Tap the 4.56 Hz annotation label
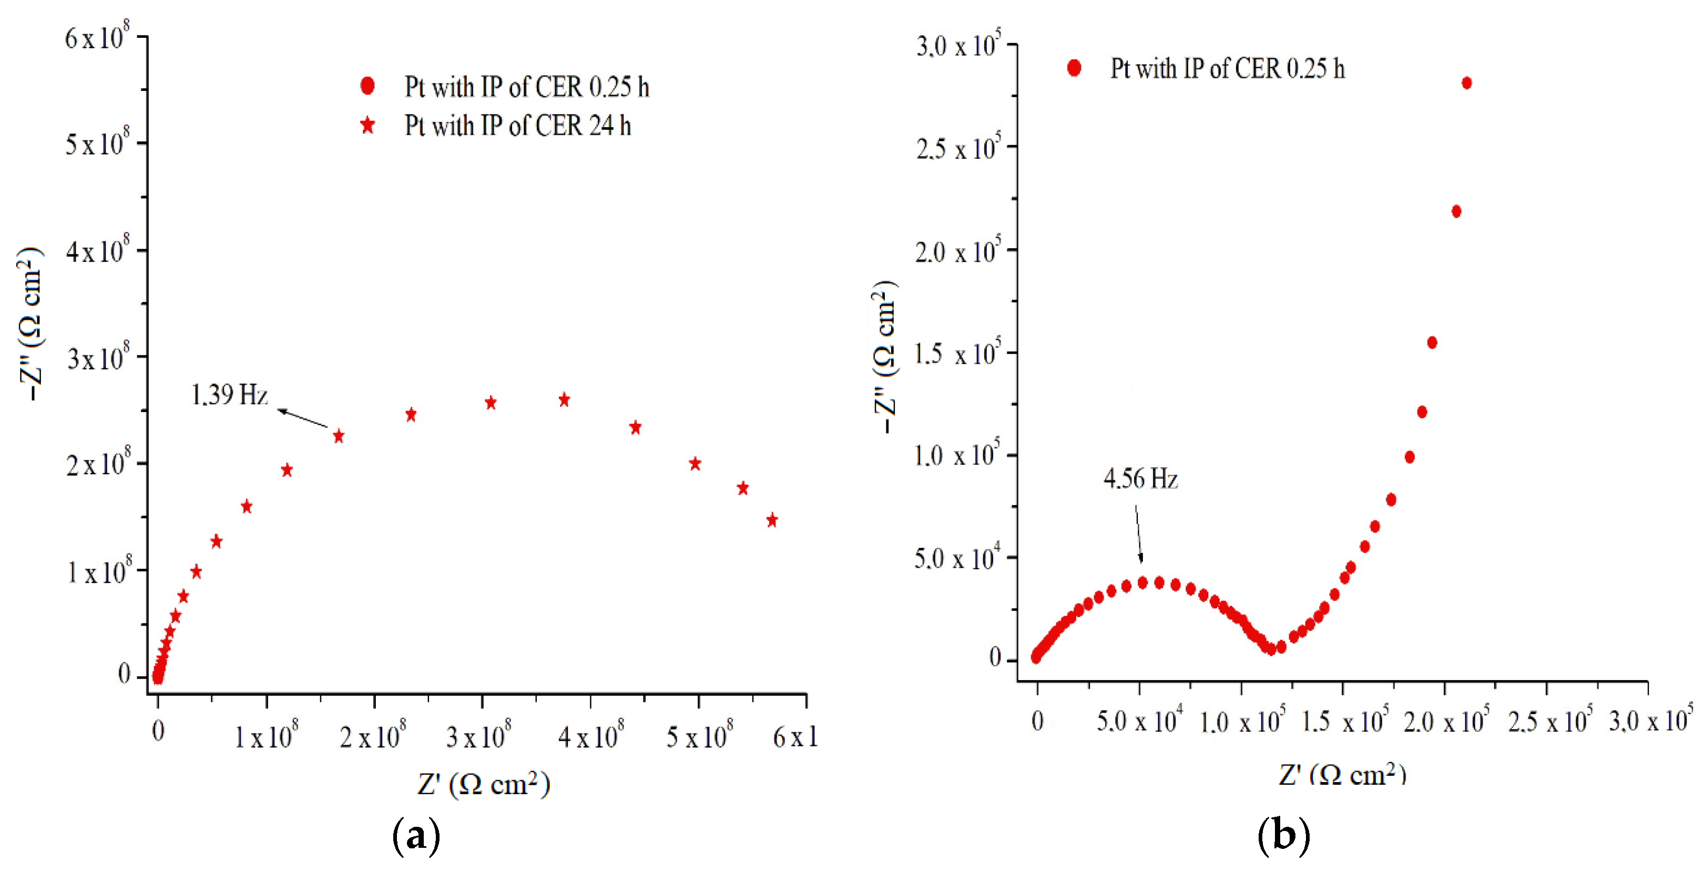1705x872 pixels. (x=1140, y=478)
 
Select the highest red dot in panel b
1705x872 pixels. (x=1466, y=83)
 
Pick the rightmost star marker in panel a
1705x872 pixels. (x=771, y=520)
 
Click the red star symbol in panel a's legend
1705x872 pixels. (x=367, y=126)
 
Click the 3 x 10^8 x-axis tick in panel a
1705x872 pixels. (x=478, y=736)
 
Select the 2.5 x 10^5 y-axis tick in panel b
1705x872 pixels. (x=957, y=149)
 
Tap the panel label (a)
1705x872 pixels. (x=416, y=836)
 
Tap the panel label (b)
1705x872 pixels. (x=1283, y=836)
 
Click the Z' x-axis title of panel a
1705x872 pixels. (x=483, y=784)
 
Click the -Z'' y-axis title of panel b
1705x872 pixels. (x=884, y=357)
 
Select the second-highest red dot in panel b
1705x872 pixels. (x=1455, y=211)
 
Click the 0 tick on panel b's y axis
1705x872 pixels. (x=995, y=657)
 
